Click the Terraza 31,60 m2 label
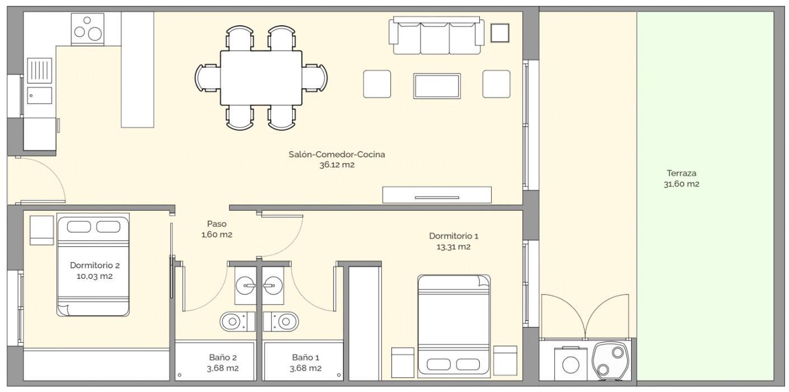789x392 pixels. coord(681,178)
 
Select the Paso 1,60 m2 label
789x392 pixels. coord(217,229)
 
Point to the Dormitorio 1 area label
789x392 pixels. coord(454,241)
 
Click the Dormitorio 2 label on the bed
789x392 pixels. coord(95,270)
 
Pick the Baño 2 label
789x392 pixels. coord(223,363)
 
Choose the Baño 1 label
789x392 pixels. coord(305,363)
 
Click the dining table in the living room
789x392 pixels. coord(261,78)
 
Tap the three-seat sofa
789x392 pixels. coord(437,36)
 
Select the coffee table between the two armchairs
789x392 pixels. coord(437,86)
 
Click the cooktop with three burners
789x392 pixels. coord(87,29)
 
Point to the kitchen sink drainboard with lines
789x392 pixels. coord(39,71)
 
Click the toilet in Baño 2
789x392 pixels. coord(237,321)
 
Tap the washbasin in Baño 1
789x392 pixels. coord(273,285)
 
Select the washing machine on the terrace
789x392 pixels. coord(571,364)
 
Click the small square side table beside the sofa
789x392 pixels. coord(500,33)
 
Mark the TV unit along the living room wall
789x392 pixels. coord(437,195)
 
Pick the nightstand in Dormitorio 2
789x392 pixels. coord(41,230)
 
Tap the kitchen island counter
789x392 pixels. coord(137,69)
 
